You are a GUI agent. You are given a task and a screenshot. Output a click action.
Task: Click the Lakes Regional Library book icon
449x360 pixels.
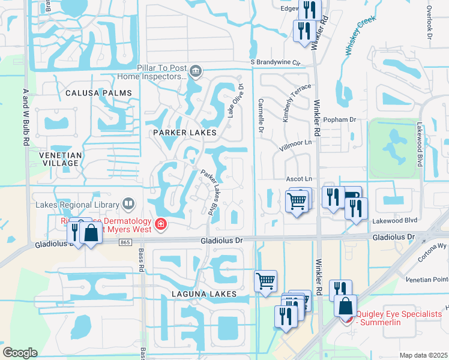coord(128,205)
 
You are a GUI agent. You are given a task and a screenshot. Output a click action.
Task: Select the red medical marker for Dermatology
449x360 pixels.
coord(160,224)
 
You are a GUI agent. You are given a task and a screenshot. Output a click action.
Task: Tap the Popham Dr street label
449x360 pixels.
coord(339,120)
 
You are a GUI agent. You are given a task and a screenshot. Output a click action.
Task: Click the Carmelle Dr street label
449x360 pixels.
coord(261,116)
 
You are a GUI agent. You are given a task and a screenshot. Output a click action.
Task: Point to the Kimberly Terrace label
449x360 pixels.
coord(297,102)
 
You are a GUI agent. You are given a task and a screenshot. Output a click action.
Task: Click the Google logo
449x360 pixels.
coord(20,353)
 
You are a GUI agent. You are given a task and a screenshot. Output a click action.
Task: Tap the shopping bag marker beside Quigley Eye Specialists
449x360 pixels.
coord(346,306)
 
